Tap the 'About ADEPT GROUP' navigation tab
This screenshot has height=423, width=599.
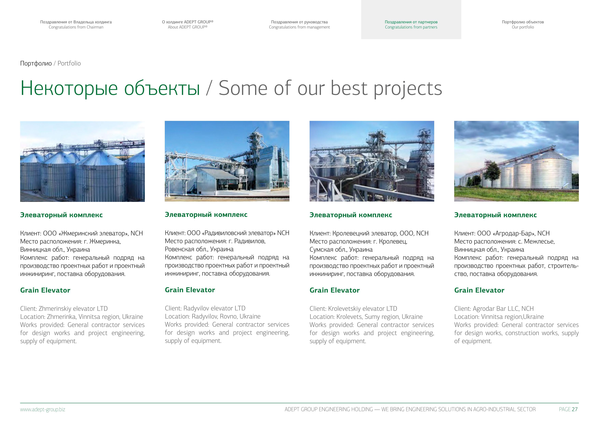(x=188, y=25)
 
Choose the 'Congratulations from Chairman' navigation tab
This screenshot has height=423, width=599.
(x=76, y=25)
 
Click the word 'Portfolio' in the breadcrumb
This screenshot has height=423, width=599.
(x=69, y=63)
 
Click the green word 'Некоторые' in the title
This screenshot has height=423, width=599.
(x=69, y=88)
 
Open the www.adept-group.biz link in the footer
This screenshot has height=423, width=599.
(x=43, y=410)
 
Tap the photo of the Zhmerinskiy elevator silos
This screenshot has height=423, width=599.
(x=82, y=161)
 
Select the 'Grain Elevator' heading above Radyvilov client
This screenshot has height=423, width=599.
(x=190, y=290)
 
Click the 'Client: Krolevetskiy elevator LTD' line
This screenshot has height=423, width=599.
(x=353, y=309)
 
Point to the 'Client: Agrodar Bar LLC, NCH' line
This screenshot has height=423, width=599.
(x=494, y=309)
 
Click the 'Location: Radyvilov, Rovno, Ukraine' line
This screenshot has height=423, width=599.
(x=213, y=316)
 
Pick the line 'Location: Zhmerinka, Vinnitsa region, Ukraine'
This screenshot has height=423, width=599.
(x=82, y=317)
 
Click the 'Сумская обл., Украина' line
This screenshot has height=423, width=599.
(x=341, y=250)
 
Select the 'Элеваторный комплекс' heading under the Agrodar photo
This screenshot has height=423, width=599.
(x=495, y=215)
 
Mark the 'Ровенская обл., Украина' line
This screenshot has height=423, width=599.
(x=199, y=249)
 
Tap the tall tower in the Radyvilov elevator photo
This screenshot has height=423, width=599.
(x=254, y=154)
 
